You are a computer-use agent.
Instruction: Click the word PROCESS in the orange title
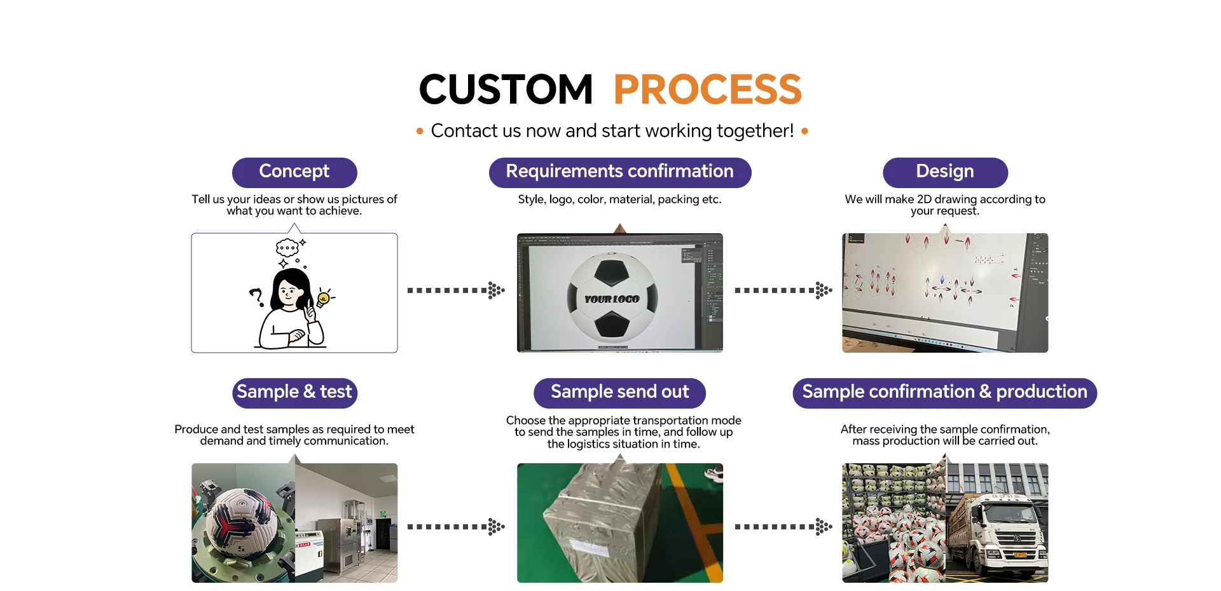(707, 90)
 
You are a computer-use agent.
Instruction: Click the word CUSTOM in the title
(506, 90)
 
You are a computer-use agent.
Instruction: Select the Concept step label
(294, 172)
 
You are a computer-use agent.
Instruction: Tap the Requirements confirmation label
(619, 172)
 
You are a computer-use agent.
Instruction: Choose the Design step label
(945, 172)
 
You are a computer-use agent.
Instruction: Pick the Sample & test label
(294, 392)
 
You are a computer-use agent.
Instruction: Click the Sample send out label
(619, 392)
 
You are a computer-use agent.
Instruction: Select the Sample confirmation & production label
(944, 392)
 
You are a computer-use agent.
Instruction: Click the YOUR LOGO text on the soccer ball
(612, 299)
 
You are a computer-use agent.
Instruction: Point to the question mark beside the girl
(256, 296)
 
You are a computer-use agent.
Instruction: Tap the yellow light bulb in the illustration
(324, 298)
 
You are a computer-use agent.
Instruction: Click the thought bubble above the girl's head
(287, 247)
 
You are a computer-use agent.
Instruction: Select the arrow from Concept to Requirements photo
(456, 290)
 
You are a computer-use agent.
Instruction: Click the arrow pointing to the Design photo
(783, 290)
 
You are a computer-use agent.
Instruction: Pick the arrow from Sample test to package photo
(456, 526)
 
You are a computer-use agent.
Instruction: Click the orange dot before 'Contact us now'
(420, 132)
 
